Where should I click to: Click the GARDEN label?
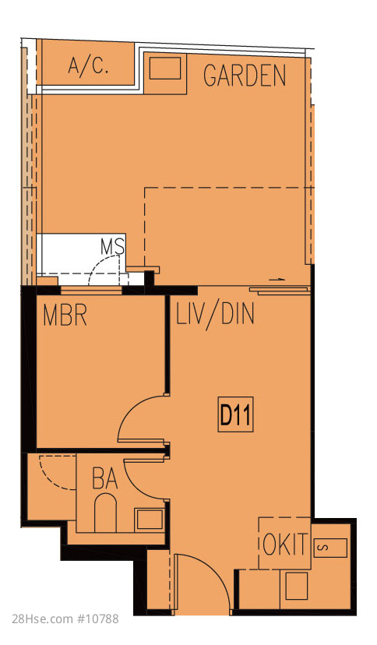[245, 76]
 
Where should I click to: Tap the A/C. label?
[88, 65]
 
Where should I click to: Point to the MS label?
[113, 246]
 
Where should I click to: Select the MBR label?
[65, 315]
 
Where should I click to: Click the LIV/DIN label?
[215, 315]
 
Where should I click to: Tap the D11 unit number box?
[235, 414]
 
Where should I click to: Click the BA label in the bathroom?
[105, 478]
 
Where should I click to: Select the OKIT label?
[285, 545]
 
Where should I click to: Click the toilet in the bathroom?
[105, 513]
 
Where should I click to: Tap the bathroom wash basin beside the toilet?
[150, 519]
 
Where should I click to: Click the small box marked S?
[330, 548]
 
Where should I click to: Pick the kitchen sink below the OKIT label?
[297, 586]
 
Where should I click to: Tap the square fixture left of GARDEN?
[165, 69]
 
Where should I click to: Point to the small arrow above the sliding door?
[278, 280]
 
